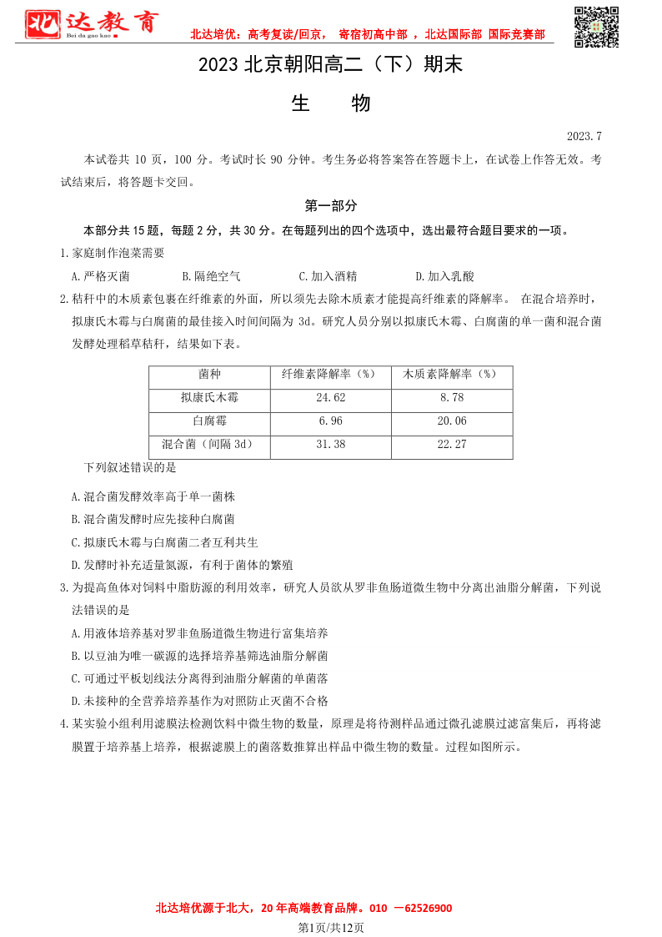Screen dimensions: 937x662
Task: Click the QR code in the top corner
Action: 597,26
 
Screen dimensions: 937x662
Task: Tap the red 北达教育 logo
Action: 90,25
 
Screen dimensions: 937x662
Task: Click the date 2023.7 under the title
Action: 584,136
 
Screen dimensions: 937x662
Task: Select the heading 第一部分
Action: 330,205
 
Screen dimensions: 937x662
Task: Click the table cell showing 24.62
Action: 331,398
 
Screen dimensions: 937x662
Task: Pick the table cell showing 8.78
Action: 451,398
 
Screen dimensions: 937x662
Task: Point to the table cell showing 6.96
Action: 331,421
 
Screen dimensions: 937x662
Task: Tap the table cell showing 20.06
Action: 451,421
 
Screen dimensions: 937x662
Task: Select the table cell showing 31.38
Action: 331,445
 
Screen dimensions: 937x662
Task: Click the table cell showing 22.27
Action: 451,445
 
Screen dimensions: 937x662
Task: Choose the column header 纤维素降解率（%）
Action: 331,375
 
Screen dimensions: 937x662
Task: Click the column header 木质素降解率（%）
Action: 451,375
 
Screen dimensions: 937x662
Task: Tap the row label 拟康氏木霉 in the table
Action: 209,398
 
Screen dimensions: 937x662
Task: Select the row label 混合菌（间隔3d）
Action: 209,445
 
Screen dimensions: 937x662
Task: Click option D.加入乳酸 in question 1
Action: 444,276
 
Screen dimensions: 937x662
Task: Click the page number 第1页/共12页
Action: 331,927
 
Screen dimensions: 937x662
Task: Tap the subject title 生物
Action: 330,103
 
